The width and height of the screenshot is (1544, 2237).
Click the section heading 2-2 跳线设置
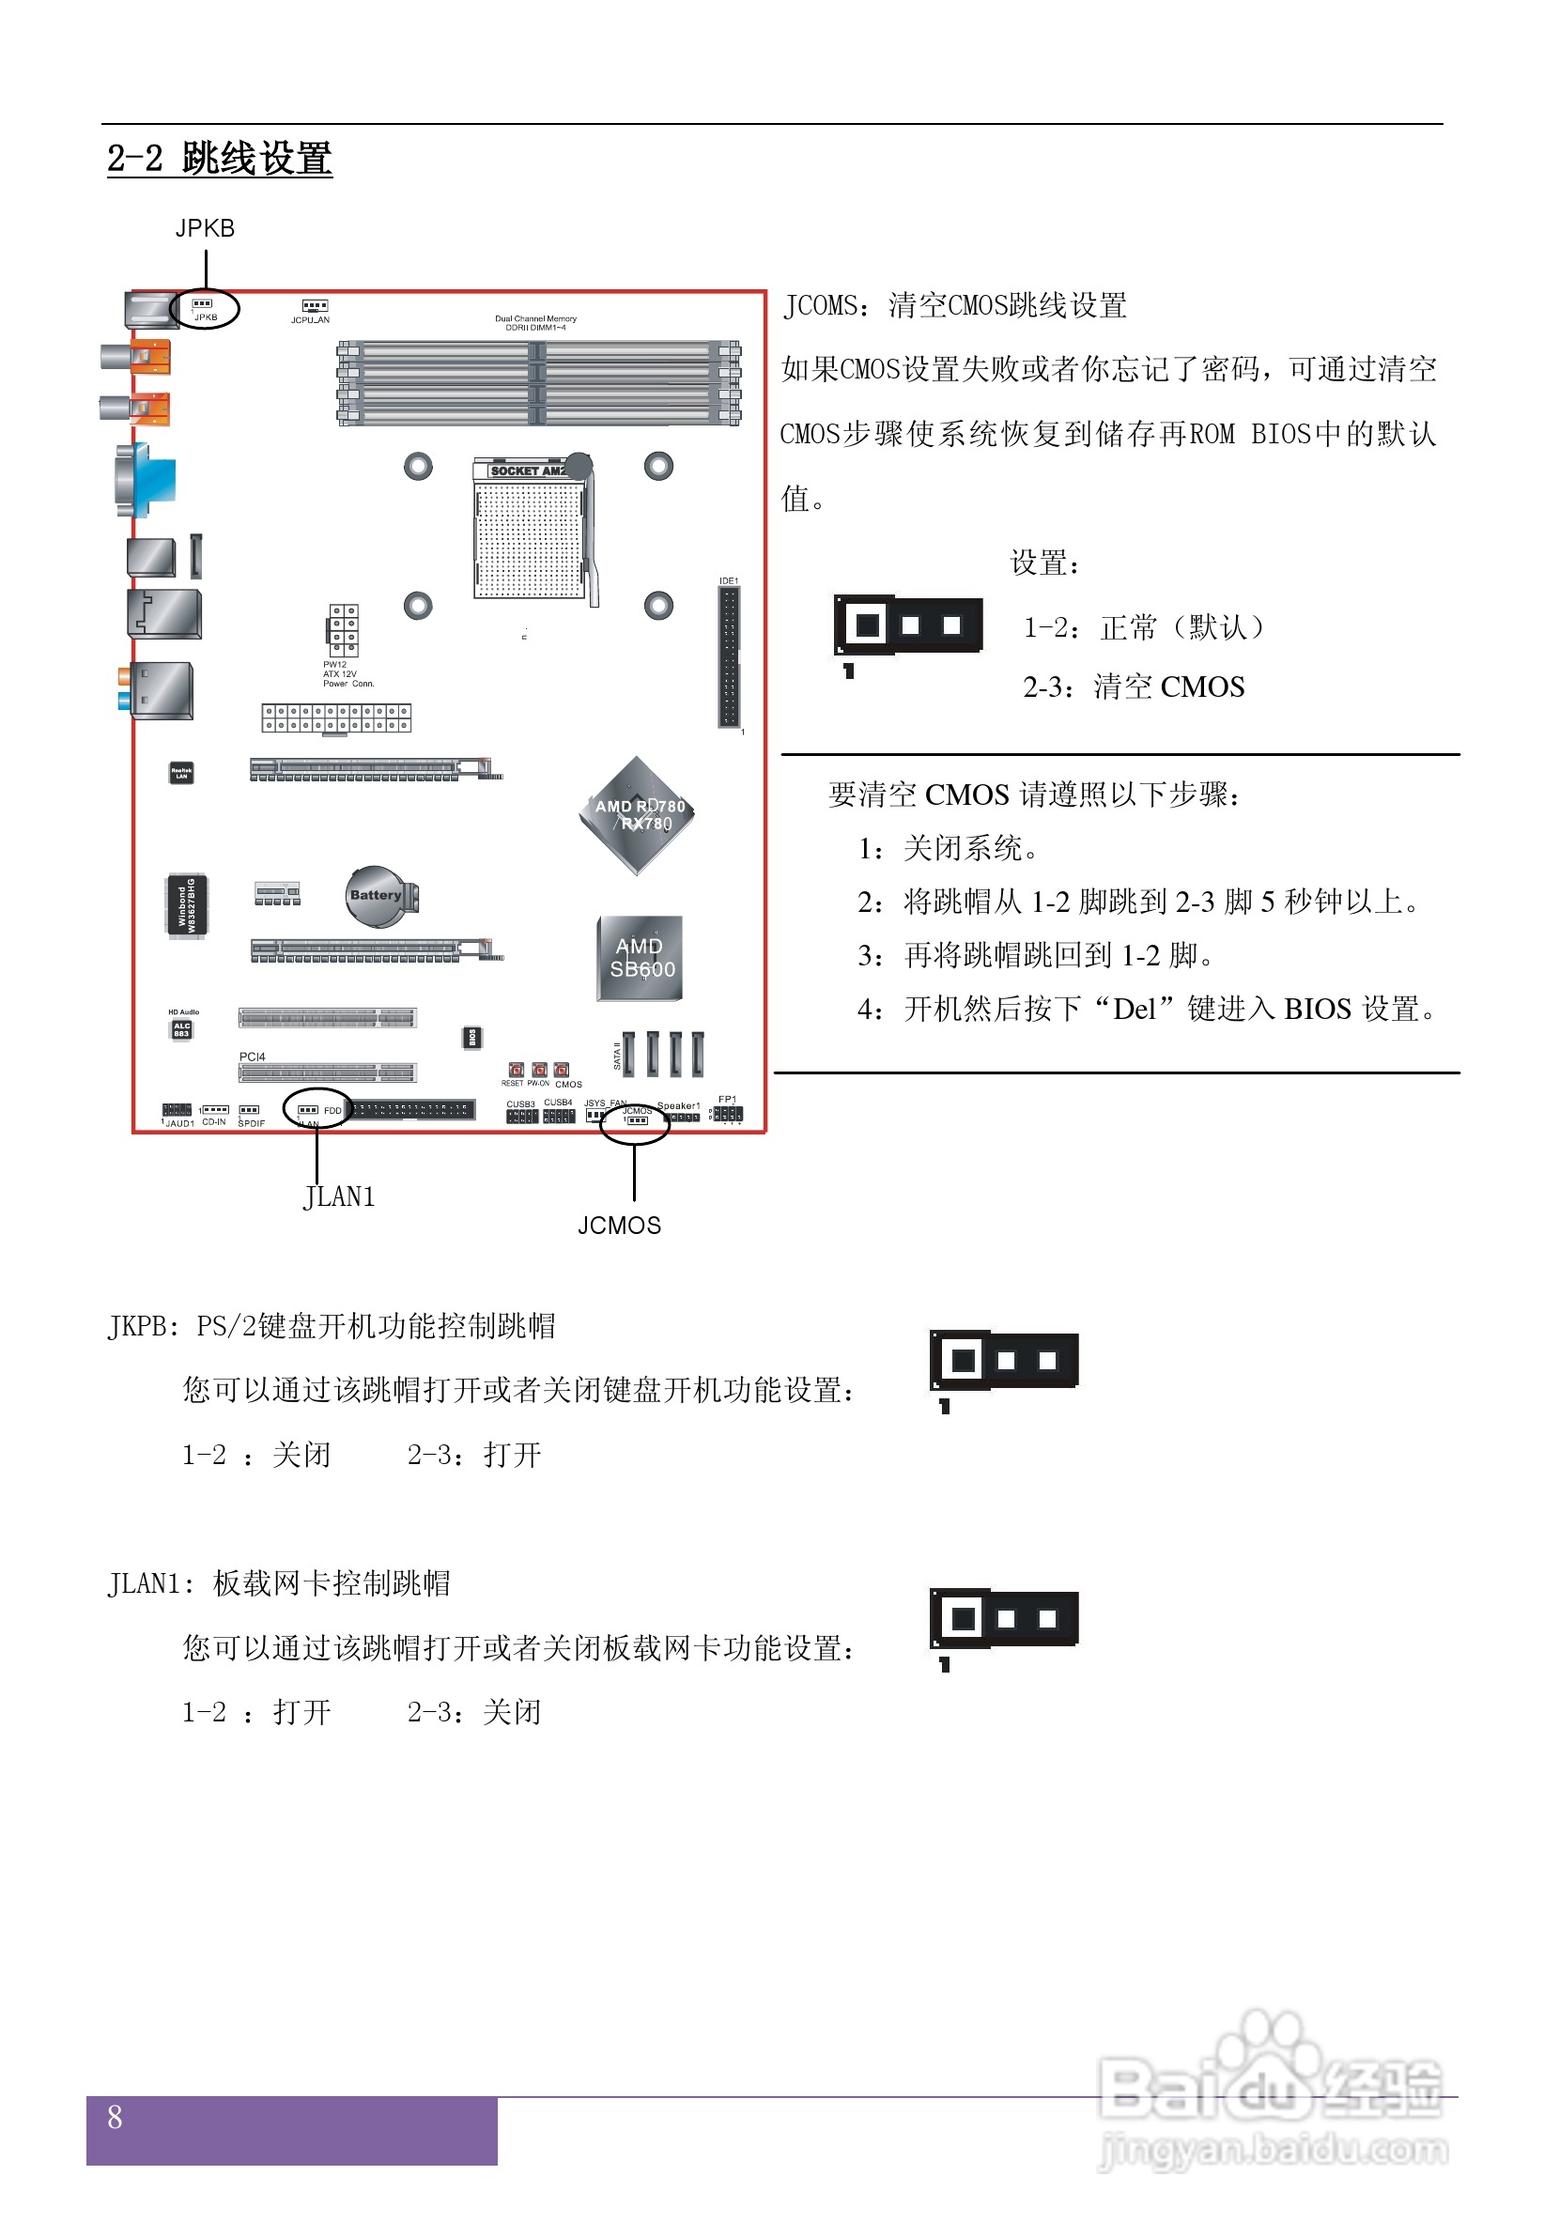click(219, 159)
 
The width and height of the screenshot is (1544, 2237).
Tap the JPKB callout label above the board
click(204, 228)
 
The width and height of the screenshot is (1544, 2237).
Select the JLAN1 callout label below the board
click(339, 1197)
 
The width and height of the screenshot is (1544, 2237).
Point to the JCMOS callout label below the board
click(619, 1226)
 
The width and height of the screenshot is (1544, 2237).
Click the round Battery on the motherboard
click(378, 896)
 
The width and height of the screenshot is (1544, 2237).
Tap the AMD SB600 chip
click(641, 958)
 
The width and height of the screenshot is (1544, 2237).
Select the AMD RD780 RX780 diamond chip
click(637, 814)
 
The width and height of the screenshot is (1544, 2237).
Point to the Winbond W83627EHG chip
click(186, 904)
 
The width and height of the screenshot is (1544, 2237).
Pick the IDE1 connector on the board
click(729, 656)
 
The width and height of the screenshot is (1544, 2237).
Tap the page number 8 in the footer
click(115, 2117)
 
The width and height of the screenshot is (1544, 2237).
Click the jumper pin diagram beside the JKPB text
click(1003, 1361)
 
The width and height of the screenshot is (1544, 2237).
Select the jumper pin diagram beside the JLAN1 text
click(1003, 1618)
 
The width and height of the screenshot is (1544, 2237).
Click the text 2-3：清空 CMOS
click(1133, 687)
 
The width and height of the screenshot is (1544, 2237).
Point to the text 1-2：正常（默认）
click(1144, 627)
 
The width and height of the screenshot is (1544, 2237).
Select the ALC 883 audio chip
click(182, 1030)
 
